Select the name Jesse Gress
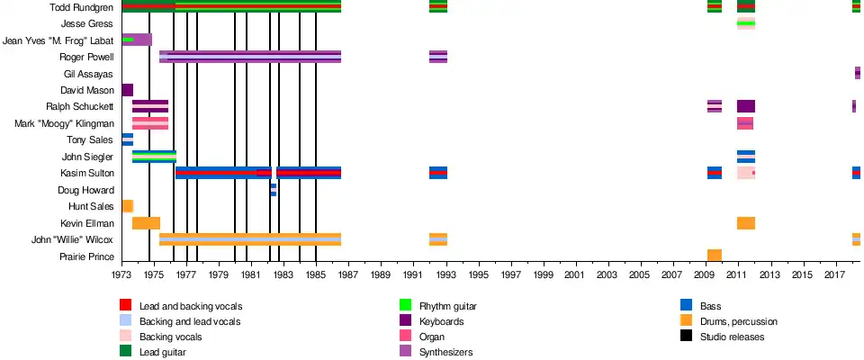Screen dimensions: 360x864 87,23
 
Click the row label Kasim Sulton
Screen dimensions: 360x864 87,173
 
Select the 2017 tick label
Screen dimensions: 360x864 834,274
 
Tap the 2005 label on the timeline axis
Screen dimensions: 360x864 639,274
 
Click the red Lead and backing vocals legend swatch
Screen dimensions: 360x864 126,306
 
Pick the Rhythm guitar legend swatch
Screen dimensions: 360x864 405,306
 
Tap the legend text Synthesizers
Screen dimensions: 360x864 446,352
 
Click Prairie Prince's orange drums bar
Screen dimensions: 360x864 715,256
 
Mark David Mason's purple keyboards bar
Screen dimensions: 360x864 127,90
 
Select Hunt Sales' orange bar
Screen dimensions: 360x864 127,206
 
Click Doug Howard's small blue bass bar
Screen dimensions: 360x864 274,190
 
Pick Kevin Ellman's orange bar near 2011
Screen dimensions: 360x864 746,223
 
